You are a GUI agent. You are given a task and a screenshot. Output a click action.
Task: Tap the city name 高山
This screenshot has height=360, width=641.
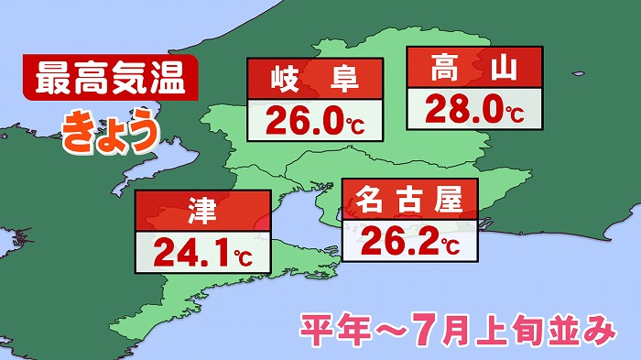(x=473, y=68)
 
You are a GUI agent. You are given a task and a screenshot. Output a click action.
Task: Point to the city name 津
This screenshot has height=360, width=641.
(x=202, y=212)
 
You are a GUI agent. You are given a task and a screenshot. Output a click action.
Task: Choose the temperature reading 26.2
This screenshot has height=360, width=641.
(x=400, y=240)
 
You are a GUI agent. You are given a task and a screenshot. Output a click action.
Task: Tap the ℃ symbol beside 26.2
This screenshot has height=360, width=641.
(x=451, y=245)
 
